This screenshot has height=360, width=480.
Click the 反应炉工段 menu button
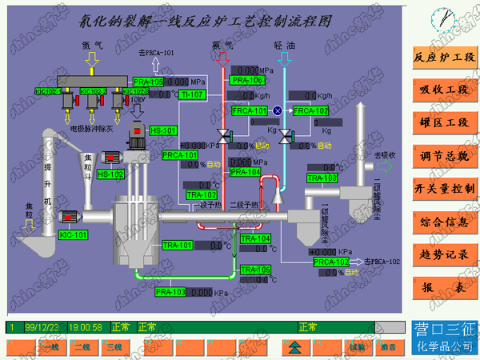(444, 58)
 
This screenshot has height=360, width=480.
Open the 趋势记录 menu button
(444, 254)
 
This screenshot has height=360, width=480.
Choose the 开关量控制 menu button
(444, 189)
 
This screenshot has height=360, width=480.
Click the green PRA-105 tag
(148, 82)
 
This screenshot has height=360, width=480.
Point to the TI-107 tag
(193, 94)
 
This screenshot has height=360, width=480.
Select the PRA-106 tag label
(246, 80)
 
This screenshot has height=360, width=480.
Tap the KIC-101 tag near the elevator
(73, 234)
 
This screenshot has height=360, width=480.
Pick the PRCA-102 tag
(330, 262)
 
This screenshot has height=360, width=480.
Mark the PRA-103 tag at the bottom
(170, 292)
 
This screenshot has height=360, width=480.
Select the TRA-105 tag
(256, 270)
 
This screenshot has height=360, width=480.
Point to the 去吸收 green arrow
(385, 166)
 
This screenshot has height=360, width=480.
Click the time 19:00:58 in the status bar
(86, 326)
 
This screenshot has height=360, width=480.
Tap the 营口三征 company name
(444, 328)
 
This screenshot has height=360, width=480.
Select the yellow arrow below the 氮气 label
(90, 58)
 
